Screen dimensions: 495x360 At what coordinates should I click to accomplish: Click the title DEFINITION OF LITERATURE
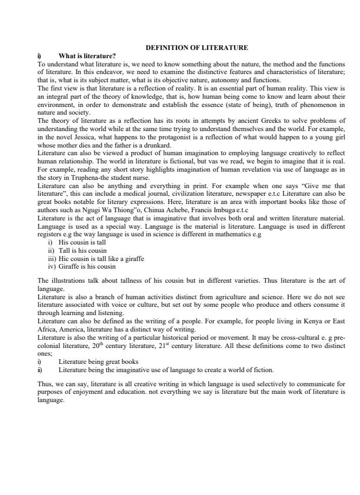[196, 47]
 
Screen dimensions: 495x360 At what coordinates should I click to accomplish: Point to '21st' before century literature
[180, 346]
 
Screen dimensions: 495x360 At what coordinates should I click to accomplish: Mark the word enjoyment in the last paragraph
[107, 391]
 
